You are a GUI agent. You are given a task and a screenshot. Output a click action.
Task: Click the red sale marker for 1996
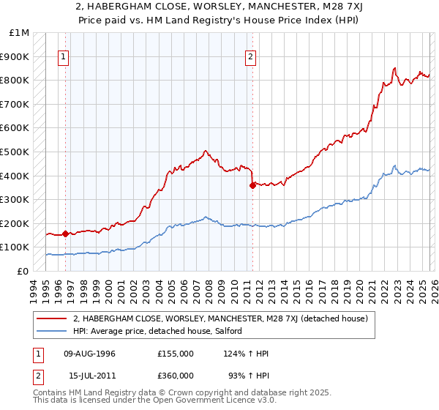(66, 234)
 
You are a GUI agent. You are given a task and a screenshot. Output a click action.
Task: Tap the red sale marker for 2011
(252, 185)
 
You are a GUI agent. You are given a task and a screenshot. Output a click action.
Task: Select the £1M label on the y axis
(20, 33)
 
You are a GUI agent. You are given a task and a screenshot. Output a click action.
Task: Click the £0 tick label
(23, 271)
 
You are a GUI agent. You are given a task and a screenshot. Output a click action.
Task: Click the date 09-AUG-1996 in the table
(89, 354)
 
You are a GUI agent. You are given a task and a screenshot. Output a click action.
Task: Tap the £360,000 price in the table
(176, 375)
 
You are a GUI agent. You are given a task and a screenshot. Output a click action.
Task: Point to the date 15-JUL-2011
(92, 375)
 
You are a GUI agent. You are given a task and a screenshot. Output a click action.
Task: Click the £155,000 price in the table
(176, 354)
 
